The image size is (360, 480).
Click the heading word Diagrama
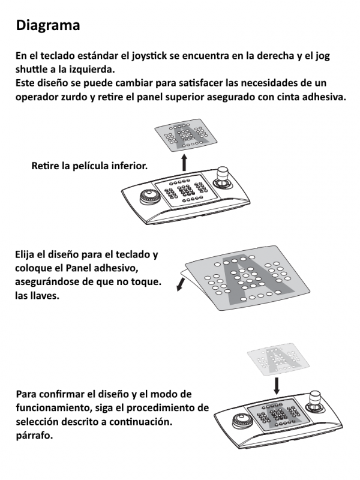48,25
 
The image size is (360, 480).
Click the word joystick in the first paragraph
149,56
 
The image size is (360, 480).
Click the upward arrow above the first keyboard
184,163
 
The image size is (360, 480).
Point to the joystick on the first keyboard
222,177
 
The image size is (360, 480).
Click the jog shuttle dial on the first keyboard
151,197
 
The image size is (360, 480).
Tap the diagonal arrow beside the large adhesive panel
181,284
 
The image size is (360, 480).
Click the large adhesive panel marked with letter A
247,278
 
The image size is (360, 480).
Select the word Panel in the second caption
79,268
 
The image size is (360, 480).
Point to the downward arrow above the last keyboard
277,386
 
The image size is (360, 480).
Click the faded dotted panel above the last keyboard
278,359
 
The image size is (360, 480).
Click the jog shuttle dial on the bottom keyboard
243,421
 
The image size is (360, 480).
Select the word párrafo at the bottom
34,436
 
